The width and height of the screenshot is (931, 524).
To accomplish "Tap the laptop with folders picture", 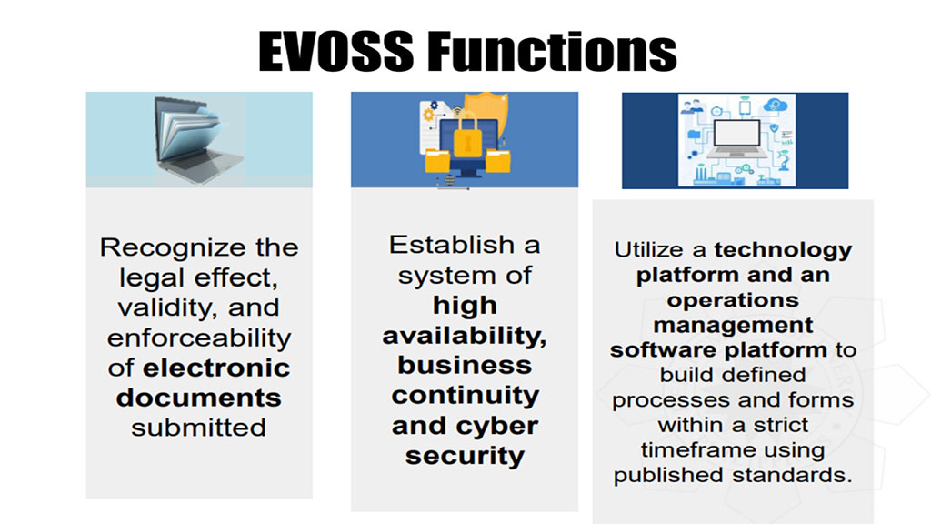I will (199, 138).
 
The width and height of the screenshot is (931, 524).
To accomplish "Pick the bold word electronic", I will (217, 368).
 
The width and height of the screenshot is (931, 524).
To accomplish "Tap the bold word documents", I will (199, 398).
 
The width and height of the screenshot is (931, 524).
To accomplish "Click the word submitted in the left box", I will (199, 428).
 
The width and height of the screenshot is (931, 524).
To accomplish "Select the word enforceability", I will (199, 338).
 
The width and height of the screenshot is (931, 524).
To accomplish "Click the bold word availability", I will (465, 335).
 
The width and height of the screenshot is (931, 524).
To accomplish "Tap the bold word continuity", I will (465, 395).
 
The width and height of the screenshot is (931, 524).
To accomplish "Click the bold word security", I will (465, 455).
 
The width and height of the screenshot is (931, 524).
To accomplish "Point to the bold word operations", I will (733, 299).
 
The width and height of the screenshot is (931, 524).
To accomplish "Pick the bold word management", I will (733, 324).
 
